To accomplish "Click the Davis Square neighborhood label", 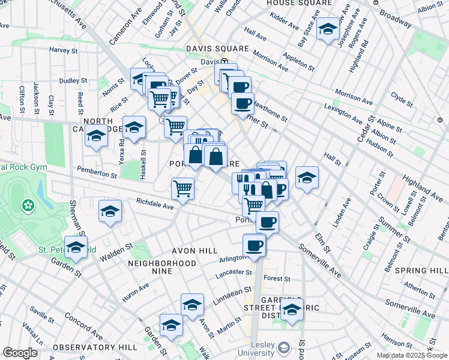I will pyautogui.click(x=217, y=48).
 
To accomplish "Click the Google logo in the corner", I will pyautogui.click(x=20, y=353).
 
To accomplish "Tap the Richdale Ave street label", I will pyautogui.click(x=154, y=204).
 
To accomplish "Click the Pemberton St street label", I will pyautogui.click(x=97, y=172).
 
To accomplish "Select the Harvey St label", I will pyautogui.click(x=65, y=50).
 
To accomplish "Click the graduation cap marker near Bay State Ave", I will pyautogui.click(x=328, y=29).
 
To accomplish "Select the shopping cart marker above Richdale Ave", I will pyautogui.click(x=182, y=188).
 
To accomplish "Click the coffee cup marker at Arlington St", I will pyautogui.click(x=254, y=245).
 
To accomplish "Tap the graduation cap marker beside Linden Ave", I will pyautogui.click(x=307, y=178).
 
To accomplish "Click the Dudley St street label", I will pyautogui.click(x=73, y=80).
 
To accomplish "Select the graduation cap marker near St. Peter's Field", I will pyautogui.click(x=76, y=247).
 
